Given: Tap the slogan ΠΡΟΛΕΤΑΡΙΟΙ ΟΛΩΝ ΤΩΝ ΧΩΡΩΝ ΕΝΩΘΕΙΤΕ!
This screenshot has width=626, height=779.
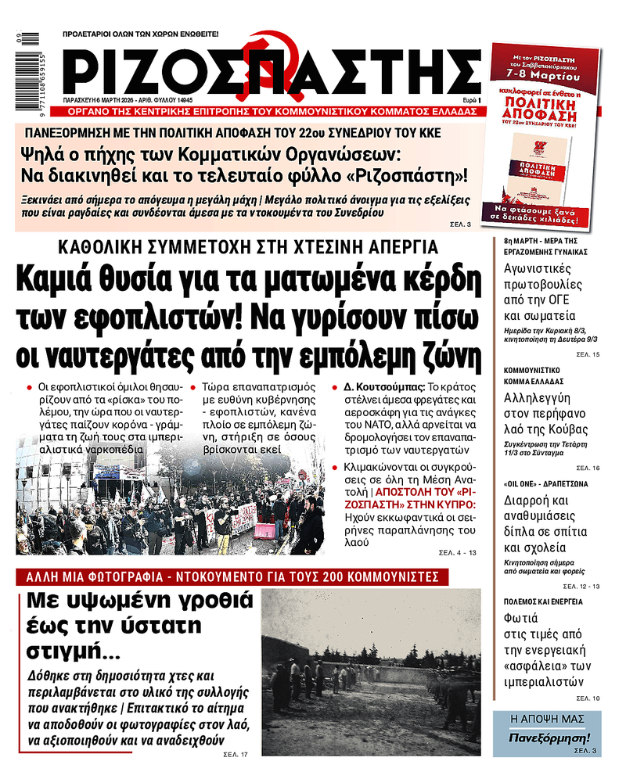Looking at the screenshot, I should (141, 34).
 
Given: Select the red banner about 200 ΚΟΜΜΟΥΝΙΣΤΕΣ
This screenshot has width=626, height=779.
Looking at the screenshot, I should (232, 577).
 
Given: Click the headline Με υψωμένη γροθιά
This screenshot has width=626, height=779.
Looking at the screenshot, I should (136, 601).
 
